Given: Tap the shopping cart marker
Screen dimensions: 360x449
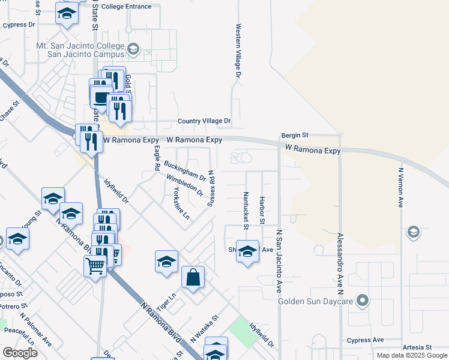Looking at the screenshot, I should click(x=95, y=265).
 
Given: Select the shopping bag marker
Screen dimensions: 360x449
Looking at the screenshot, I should click(x=193, y=278).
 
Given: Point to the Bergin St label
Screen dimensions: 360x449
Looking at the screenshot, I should click(x=295, y=136).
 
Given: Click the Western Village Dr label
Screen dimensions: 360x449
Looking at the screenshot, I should click(x=238, y=51).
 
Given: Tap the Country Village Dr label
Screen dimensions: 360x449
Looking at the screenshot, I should click(x=204, y=121).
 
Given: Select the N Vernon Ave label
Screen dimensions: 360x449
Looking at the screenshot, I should click(x=400, y=187).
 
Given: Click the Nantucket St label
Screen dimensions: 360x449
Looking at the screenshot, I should click(x=246, y=210).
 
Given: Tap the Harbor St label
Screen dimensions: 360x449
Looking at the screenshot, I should click(x=262, y=210).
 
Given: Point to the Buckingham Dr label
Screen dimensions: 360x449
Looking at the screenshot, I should click(x=185, y=171).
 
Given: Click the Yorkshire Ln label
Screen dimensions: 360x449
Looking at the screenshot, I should click(x=181, y=203).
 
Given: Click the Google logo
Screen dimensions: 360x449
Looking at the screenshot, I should click(x=20, y=353).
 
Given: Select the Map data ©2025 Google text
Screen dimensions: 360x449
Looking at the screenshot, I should click(x=412, y=355).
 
